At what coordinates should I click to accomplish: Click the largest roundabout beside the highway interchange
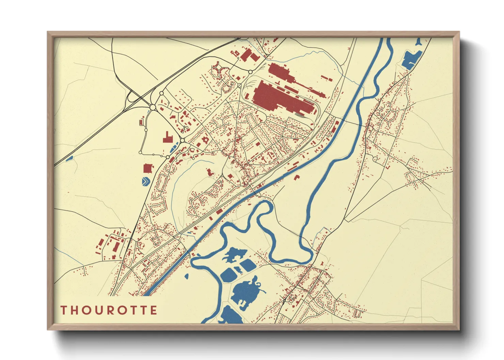pos(153,108)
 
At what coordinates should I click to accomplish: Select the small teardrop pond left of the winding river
pos(186,276)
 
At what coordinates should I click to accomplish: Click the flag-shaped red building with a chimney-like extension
pos(167,138)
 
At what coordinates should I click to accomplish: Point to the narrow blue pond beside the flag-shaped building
pos(173,148)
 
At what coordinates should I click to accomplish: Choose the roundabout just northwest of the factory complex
pos(250,72)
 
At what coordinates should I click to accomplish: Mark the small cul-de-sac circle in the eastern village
pos(375,159)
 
